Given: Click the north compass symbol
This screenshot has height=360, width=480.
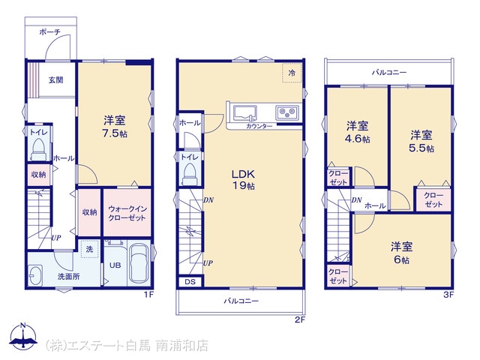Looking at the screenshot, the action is (23, 336).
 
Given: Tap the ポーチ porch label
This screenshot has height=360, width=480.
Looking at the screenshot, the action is (50, 31).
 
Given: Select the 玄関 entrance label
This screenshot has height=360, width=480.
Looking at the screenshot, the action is (56, 80).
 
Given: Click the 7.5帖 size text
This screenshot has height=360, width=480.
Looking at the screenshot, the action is (115, 134).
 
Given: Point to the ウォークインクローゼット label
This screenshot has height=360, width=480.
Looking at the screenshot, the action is (127, 213).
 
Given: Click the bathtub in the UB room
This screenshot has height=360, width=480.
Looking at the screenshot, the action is (139, 263).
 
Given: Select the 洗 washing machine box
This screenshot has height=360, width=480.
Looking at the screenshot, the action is (89, 249).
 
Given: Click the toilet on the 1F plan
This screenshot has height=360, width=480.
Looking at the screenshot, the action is (39, 149).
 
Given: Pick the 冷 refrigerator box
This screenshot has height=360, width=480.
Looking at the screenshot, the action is (292, 73).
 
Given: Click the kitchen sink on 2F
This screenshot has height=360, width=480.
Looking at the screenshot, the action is (245, 113).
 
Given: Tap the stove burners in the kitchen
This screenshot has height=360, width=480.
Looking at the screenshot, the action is (287, 112).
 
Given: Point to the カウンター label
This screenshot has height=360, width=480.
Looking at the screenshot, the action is (259, 126).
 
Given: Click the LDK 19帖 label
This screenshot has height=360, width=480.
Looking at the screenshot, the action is (244, 180).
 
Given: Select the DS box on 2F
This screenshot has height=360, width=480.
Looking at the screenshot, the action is (190, 282).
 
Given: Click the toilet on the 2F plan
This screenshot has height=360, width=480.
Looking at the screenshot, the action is (190, 173).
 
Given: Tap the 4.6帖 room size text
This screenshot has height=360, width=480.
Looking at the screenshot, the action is (358, 139).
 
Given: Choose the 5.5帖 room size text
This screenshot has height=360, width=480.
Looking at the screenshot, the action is (421, 148).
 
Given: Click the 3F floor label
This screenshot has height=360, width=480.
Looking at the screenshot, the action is (448, 295).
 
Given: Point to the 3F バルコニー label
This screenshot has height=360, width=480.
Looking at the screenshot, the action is (389, 73).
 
